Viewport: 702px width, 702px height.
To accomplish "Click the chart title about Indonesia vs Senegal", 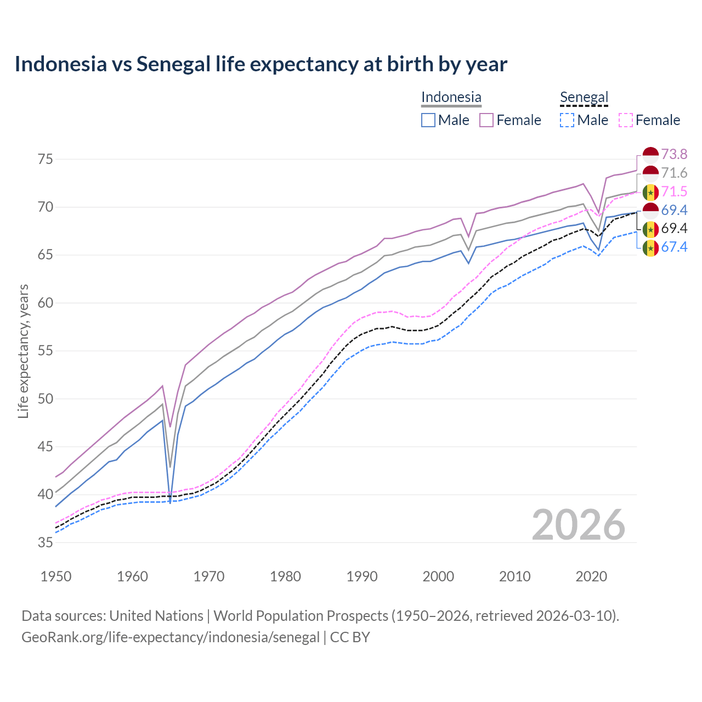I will (261, 64).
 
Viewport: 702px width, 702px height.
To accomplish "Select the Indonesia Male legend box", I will (428, 120).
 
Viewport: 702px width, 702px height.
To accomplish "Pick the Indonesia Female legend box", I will (486, 120).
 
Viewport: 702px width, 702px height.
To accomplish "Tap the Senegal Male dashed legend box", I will (567, 120).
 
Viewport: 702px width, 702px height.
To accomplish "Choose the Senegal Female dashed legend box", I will (626, 120).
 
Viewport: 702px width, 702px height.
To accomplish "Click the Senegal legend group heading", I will (584, 98).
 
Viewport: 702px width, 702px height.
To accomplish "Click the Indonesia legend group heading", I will (451, 98).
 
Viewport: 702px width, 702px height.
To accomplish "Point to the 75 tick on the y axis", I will (45, 160).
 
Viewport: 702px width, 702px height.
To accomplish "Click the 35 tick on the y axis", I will (45, 542).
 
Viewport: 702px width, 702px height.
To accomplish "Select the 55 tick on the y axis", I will (45, 351).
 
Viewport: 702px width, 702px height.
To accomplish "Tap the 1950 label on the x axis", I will (56, 576).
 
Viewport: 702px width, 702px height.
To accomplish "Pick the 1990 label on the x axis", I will (362, 576).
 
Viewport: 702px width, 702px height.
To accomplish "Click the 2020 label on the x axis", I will (591, 576).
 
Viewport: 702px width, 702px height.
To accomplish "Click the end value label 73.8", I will (674, 154).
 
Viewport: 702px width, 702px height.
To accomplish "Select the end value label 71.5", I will (674, 191).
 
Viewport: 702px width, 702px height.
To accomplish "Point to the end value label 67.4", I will (674, 247).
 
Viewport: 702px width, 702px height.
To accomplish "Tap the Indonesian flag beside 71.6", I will (650, 173).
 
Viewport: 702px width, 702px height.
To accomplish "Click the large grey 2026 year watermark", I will (579, 525).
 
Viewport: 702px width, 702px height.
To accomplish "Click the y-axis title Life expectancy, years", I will (23, 351).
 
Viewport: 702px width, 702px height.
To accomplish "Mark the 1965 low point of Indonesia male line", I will (170, 502).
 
